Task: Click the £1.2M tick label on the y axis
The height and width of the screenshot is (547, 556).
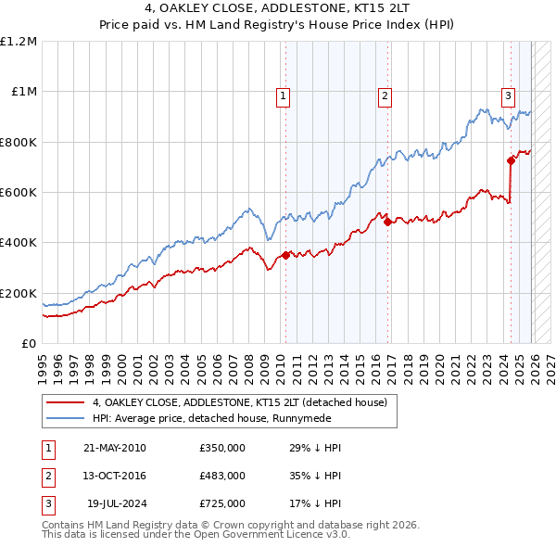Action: pos(19,42)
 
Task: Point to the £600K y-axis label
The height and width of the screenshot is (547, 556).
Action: pos(19,193)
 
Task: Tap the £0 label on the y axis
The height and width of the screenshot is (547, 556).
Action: pos(29,343)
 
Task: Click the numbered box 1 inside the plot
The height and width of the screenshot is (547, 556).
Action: pos(282,95)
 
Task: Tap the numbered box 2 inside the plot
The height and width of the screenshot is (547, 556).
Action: pos(384,95)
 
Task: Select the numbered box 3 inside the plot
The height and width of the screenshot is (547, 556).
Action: pos(508,95)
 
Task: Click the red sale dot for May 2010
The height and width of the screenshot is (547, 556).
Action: pos(285,255)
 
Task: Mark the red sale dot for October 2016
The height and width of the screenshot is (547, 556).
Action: pos(387,222)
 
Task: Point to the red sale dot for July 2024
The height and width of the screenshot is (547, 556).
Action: pos(511,161)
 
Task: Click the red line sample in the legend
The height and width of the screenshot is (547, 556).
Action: pos(66,403)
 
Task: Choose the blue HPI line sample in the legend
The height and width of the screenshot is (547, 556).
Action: pos(66,419)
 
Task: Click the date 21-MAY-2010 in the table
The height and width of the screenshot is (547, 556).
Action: pos(114,448)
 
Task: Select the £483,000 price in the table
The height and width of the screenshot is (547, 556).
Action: pos(221,476)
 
